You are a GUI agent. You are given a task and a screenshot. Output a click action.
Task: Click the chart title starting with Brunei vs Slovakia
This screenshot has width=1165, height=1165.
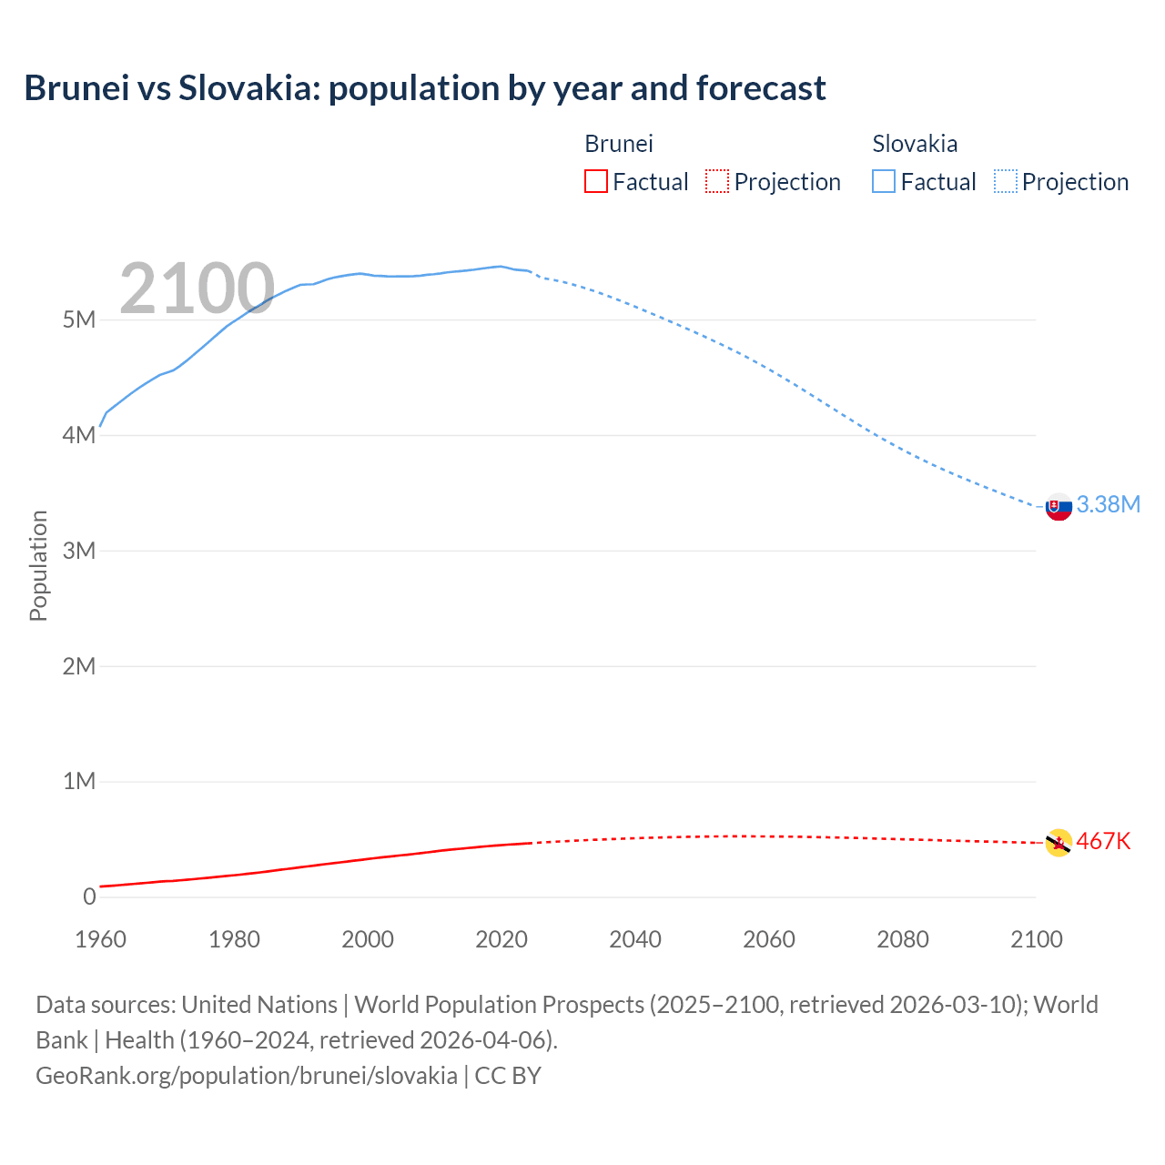click(425, 88)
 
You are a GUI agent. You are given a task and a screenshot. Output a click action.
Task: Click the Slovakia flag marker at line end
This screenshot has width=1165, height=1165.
click(1059, 507)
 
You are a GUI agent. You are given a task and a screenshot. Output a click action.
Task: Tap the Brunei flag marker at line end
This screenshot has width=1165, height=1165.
click(1059, 843)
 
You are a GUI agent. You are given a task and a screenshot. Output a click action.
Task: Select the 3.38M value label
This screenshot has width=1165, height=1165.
click(1108, 504)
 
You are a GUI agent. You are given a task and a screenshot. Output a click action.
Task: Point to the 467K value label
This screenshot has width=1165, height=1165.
click(1103, 841)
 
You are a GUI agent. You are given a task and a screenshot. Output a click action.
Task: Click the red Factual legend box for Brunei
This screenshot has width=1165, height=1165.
click(595, 182)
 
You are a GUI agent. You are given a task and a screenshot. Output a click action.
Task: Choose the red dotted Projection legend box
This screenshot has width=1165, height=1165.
click(717, 182)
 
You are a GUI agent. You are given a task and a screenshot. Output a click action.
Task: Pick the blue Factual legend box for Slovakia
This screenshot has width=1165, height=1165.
click(884, 182)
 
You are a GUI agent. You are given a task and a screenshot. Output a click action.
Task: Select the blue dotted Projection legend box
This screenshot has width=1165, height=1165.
click(1006, 182)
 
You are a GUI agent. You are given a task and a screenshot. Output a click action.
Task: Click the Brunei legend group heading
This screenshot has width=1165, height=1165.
click(618, 144)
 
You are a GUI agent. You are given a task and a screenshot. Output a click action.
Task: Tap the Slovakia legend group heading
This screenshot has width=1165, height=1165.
click(915, 144)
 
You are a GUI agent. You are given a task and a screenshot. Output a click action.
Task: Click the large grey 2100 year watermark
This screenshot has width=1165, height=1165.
click(197, 289)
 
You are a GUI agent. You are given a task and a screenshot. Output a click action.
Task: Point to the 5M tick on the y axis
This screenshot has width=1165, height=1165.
click(79, 319)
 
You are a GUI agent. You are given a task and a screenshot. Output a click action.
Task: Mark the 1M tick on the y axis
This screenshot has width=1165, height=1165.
click(79, 781)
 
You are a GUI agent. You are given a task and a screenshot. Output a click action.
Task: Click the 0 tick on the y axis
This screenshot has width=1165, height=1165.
click(89, 897)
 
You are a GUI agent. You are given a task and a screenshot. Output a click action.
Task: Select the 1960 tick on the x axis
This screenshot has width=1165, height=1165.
click(100, 939)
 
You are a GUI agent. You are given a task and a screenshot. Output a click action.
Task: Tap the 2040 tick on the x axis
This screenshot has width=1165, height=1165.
click(635, 939)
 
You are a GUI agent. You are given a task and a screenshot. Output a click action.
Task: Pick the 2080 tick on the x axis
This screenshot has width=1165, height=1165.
click(903, 939)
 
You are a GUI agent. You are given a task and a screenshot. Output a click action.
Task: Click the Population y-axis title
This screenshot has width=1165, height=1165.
click(38, 565)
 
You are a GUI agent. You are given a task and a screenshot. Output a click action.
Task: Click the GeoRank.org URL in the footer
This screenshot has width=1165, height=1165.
click(247, 1076)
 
